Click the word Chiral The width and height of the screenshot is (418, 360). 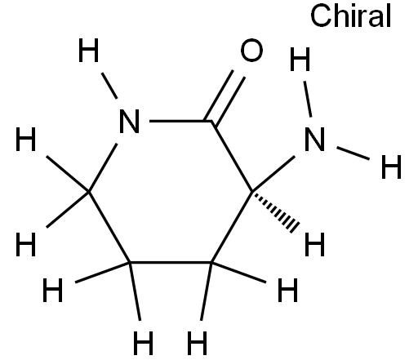pos(351,16)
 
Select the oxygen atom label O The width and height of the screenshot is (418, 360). pos(251,50)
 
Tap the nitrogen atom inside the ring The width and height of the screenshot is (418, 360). pos(130,122)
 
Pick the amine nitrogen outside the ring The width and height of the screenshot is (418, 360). pos(314,139)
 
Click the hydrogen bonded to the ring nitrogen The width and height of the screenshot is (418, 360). pos(88,51)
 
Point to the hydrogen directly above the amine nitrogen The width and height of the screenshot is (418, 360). pos(300,59)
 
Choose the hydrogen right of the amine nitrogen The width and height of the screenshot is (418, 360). pos(391,167)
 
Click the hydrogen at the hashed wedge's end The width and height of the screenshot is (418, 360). pos(314,244)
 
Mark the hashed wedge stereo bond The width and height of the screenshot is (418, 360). pos(274,211)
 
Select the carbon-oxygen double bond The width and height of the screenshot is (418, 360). pos(225,97)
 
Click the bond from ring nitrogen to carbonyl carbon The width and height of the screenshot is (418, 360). pos(181,121)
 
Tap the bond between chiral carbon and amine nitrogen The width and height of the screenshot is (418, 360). pos(273,174)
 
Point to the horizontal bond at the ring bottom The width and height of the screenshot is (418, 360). pos(171,263)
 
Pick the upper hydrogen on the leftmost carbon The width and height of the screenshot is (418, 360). pos(26,139)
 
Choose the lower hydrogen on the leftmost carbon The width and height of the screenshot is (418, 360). pos(26,244)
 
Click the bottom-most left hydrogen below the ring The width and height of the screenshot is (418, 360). pos(144,343)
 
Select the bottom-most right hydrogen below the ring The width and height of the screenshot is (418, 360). pos(198,343)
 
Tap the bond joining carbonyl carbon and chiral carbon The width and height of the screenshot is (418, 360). pos(232,157)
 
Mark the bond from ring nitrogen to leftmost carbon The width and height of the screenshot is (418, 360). pos(103,167)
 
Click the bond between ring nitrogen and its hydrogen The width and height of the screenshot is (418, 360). pos(109,86)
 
